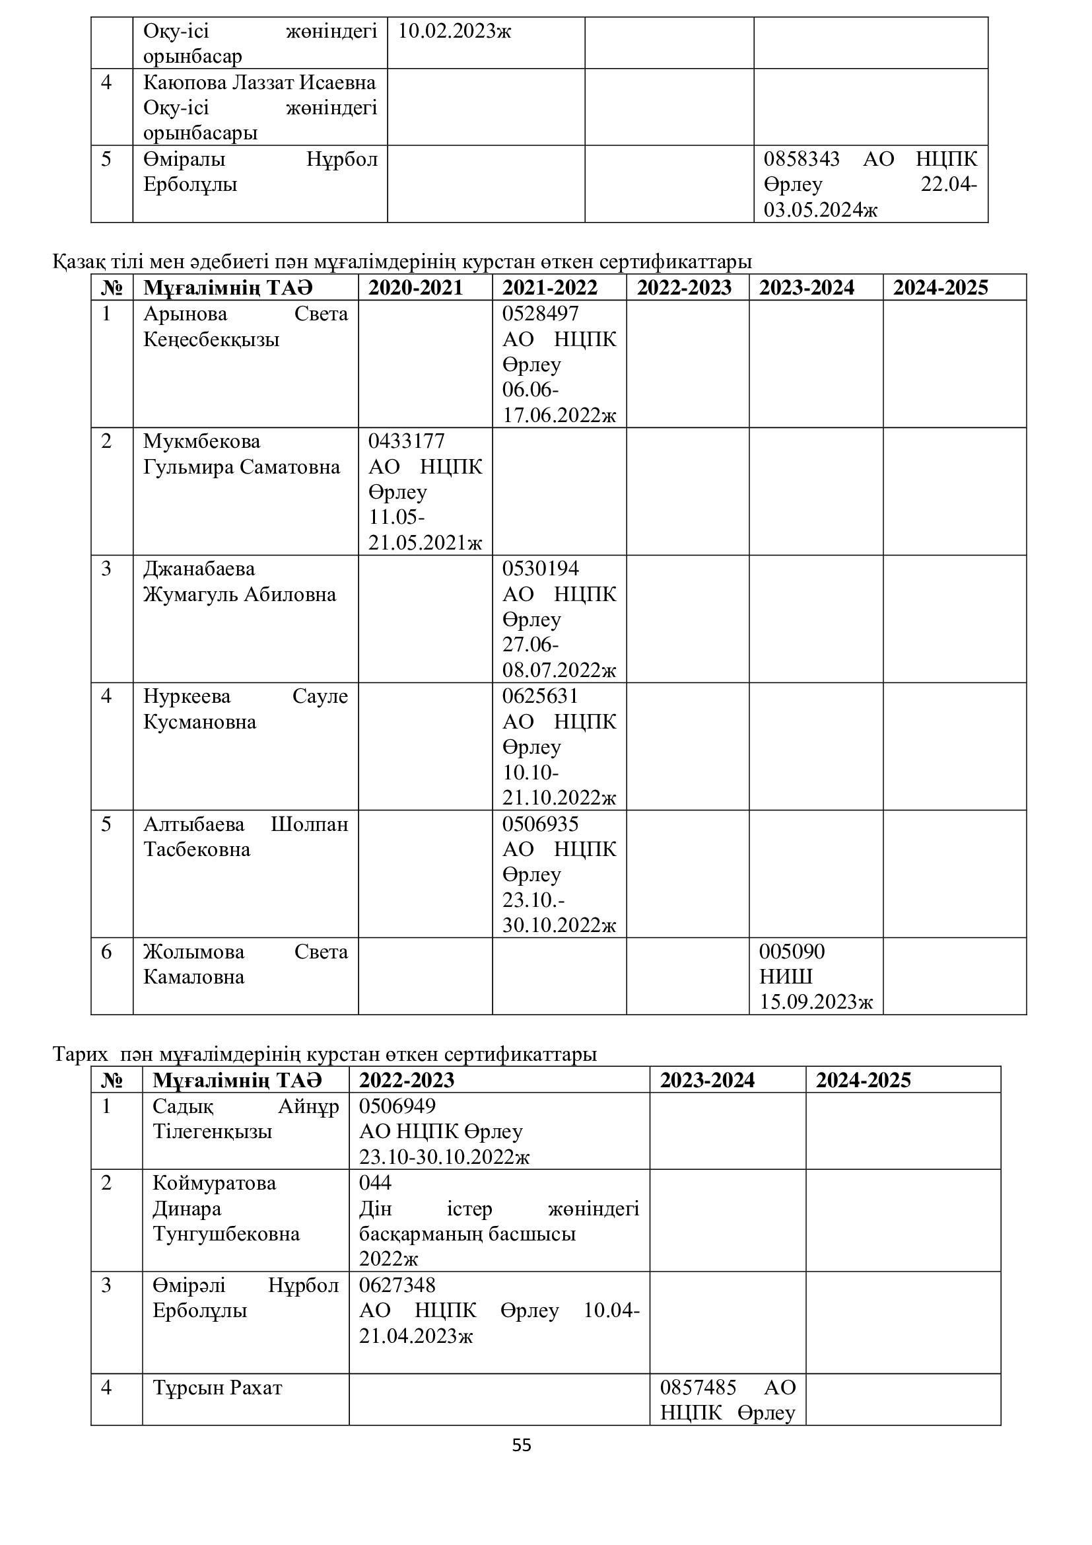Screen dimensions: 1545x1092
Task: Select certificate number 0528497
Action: pos(540,314)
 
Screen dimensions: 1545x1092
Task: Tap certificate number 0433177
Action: pos(406,441)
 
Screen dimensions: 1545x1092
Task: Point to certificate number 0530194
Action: pos(540,569)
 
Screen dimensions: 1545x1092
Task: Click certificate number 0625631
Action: pos(540,696)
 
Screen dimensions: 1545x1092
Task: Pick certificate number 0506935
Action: pos(540,824)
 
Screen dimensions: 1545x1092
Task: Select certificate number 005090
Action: pos(792,951)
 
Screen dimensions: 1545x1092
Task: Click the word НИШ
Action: pos(786,976)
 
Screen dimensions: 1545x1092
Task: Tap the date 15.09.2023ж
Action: pos(815,1002)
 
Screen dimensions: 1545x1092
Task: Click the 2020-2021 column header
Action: pos(415,288)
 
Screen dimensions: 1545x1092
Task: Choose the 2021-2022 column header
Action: pos(549,288)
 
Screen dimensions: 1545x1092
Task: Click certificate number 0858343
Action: pos(802,159)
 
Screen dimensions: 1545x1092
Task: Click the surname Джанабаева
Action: pos(199,569)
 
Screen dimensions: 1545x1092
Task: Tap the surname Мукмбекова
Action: pos(202,442)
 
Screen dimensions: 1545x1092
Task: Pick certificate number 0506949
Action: pos(397,1106)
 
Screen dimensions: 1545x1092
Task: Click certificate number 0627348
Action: pos(397,1285)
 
